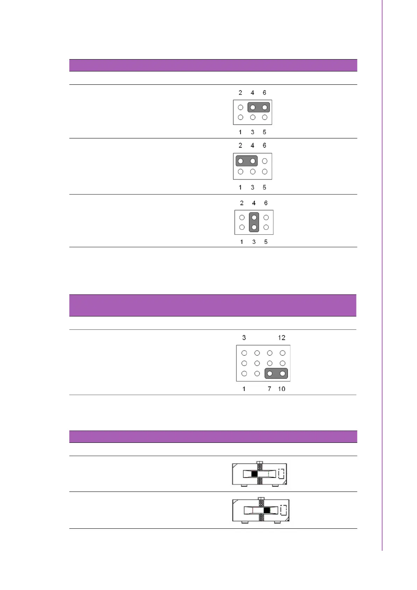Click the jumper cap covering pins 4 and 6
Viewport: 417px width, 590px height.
258,107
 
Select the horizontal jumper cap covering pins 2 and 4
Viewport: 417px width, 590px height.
246,161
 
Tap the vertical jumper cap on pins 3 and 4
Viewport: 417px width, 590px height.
254,222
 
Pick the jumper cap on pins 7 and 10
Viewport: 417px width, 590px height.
276,373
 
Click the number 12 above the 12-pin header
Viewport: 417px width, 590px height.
282,338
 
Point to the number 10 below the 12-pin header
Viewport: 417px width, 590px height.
282,389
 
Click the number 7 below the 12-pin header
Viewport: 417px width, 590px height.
269,389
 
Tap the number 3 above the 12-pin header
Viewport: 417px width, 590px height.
244,338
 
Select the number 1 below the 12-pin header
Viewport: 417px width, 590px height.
244,389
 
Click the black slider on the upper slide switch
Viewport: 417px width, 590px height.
255,474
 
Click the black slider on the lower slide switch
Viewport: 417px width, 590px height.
267,510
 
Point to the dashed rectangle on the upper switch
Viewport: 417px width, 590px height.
281,474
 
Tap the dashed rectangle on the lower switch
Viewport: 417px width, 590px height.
283,510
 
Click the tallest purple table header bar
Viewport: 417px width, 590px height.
213,306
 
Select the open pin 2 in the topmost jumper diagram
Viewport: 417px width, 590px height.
241,107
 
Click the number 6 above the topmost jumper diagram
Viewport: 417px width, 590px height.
264,93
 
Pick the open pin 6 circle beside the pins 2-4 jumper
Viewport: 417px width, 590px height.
265,161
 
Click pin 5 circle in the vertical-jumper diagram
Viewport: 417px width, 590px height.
266,227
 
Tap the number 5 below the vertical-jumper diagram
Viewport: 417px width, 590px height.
266,242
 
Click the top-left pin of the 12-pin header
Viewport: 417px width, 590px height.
244,353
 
